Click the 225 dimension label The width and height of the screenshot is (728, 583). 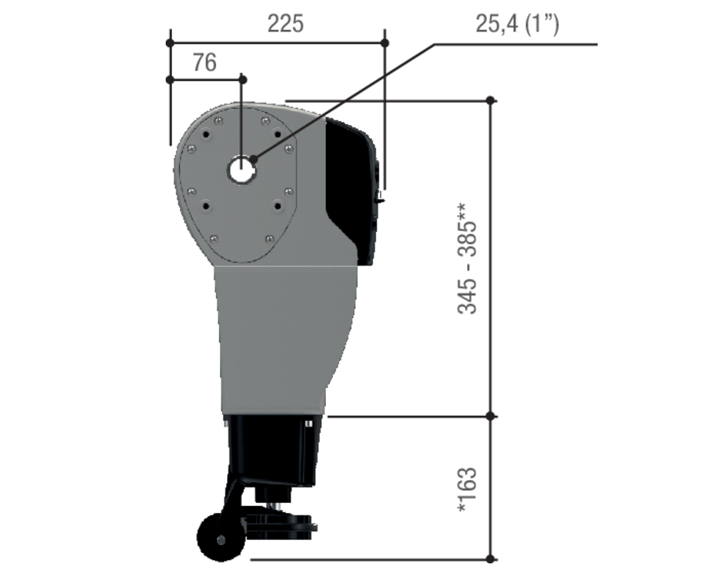pos(286,24)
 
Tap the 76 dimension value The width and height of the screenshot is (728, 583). pos(205,63)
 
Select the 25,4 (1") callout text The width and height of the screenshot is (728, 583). pos(518,24)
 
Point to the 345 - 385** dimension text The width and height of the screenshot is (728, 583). pos(467,258)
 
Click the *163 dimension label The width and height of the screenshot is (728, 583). pos(467,489)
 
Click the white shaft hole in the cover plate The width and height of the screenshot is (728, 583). pos(242,170)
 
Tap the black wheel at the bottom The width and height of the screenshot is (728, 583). pos(221,537)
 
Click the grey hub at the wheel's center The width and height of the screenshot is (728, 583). pos(221,540)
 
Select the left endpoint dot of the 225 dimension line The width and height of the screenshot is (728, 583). pos(170,42)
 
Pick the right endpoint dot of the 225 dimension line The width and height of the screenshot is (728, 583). pos(385,42)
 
